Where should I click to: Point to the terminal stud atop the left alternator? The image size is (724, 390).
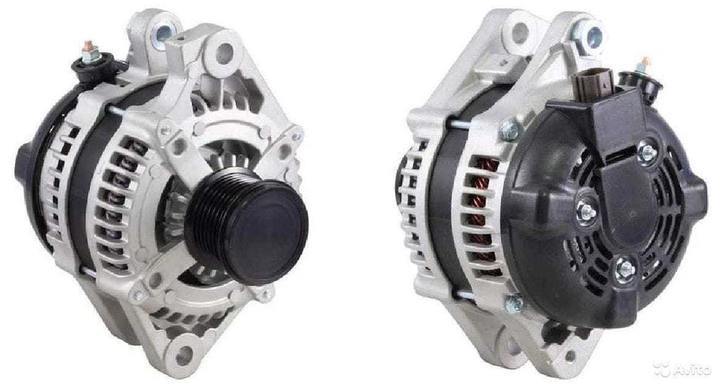(x=90, y=49)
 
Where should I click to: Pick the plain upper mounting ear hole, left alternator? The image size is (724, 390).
(x=224, y=53)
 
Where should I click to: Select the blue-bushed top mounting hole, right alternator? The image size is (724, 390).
(x=591, y=34)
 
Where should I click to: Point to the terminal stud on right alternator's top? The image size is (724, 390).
(x=646, y=65)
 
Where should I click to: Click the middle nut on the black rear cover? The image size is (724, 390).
(x=585, y=212)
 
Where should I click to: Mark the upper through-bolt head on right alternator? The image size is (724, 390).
(x=508, y=131)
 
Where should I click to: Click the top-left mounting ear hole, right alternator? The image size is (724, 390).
(x=520, y=32)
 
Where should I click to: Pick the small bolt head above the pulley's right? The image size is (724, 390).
(x=296, y=137)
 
